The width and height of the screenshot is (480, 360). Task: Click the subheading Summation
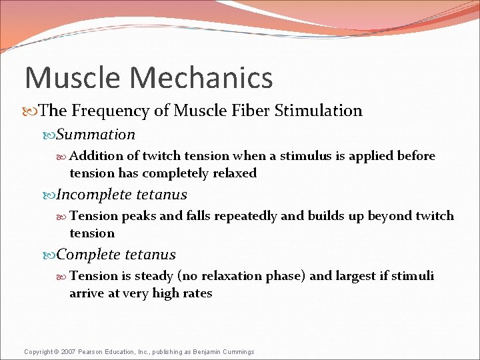click(x=95, y=135)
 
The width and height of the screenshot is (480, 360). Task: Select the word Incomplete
click(x=94, y=195)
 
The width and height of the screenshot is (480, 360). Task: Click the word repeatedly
click(x=247, y=216)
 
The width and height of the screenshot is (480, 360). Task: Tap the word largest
click(x=356, y=276)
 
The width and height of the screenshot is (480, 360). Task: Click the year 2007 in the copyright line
click(x=69, y=352)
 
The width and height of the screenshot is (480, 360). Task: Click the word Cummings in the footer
click(x=238, y=352)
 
